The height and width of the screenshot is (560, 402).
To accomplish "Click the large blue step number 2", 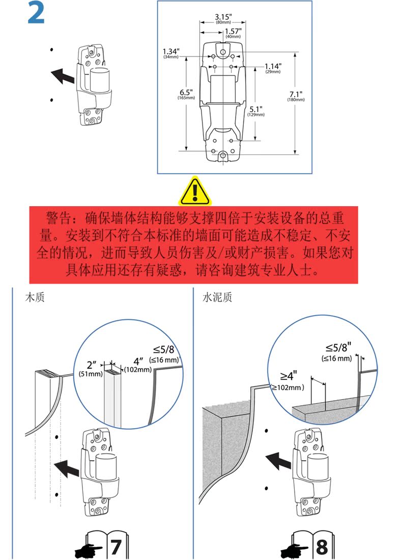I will point(36,14).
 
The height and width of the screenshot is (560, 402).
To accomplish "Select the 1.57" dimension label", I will point(233,32).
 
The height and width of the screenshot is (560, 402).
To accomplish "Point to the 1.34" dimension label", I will point(171,51).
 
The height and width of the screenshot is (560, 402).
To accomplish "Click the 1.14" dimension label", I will point(273,66).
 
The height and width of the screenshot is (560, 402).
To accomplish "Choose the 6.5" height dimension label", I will point(186,93).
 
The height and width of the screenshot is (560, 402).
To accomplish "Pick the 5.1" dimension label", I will point(256,109).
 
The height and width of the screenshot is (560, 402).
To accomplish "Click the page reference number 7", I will point(116,547).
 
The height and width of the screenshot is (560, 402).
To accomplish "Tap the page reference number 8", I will point(322,547).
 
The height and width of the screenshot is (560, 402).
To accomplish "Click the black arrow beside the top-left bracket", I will point(62,76).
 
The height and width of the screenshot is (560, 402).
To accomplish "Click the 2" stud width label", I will point(92,365).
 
